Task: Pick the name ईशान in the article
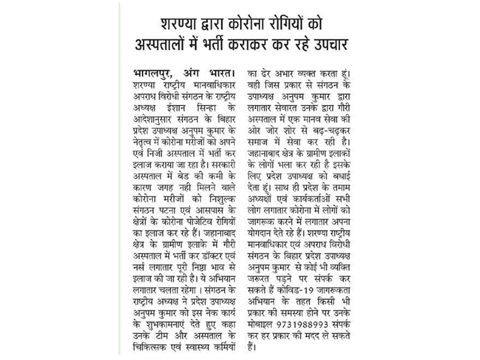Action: [190, 98]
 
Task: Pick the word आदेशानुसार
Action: [153, 109]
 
